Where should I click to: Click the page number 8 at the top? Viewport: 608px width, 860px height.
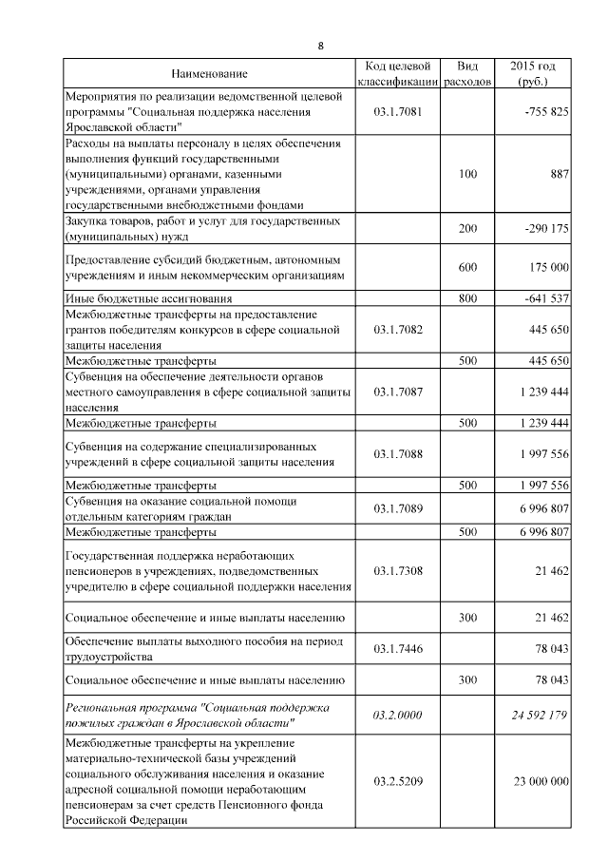(320, 46)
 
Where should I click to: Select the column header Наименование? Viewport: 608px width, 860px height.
(209, 74)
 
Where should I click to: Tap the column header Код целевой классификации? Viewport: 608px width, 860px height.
(398, 74)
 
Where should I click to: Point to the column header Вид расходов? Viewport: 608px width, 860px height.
(467, 74)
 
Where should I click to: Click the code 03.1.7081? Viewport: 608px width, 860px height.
(398, 111)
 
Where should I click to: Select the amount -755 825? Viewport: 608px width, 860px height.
(546, 111)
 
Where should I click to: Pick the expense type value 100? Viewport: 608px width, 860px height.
(467, 174)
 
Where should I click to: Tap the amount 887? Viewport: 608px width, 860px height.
(559, 174)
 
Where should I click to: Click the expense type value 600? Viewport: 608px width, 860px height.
(467, 268)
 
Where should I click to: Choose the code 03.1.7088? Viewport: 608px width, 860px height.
(398, 454)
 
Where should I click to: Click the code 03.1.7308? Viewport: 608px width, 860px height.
(398, 570)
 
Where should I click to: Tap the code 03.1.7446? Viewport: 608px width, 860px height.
(398, 648)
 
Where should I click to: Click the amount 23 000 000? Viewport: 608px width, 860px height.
(539, 781)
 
